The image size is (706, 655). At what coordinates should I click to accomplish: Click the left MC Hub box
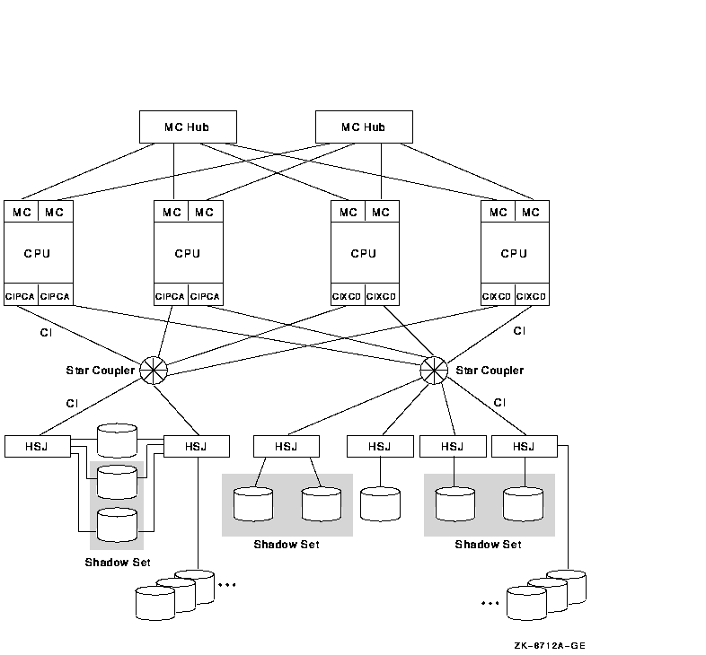[188, 127]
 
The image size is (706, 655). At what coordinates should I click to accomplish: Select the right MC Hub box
[364, 127]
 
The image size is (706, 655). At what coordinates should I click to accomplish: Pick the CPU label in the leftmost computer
[38, 253]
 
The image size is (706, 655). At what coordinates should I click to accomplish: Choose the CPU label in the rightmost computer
[514, 253]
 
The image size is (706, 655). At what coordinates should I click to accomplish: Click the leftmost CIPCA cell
[21, 296]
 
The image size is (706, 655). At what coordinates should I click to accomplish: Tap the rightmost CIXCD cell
[531, 296]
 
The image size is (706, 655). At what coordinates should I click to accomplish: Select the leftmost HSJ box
[37, 446]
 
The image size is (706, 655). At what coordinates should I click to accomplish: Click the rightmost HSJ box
[524, 446]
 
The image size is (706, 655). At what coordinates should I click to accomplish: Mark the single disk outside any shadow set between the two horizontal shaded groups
[380, 503]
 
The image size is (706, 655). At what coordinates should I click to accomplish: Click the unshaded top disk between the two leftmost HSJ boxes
[117, 441]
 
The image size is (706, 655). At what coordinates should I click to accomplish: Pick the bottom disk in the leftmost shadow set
[117, 525]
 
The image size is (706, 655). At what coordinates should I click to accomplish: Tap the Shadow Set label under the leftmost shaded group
[118, 563]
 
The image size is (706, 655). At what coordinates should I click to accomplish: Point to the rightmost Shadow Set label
[488, 545]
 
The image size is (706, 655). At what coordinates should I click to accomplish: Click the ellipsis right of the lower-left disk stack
[226, 585]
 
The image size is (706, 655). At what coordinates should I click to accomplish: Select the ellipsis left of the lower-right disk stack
[490, 603]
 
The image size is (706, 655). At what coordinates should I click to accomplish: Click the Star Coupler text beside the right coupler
[490, 371]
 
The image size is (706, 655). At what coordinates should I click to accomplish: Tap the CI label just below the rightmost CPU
[519, 331]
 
